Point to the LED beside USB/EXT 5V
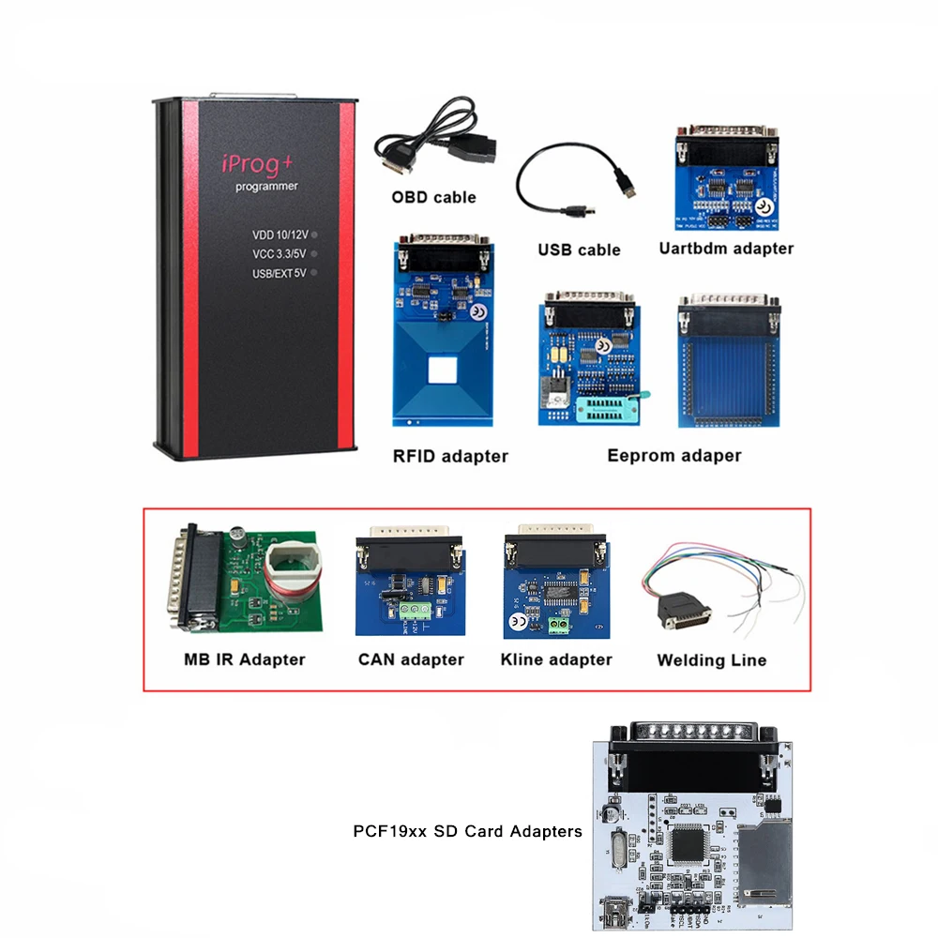(x=315, y=272)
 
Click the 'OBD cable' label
(x=433, y=197)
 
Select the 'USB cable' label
(x=579, y=250)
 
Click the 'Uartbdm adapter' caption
(x=726, y=249)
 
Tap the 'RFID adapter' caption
(x=450, y=457)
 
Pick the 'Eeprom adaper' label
(x=673, y=456)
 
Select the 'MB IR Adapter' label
(x=245, y=659)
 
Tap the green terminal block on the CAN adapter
(x=411, y=611)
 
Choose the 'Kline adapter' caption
(x=556, y=659)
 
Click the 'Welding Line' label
(x=711, y=660)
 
